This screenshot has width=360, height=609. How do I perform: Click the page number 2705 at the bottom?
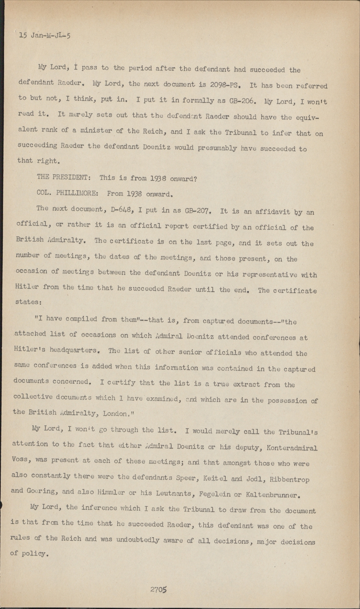click(x=159, y=590)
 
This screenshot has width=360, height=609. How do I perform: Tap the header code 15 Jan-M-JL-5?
click(x=45, y=35)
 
